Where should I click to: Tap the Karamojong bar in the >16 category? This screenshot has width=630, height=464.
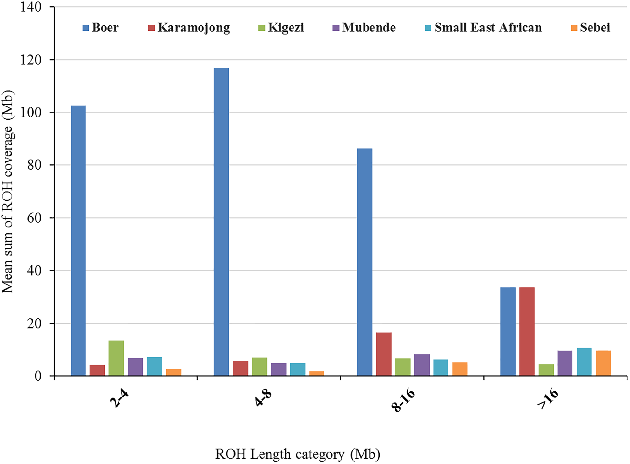527,331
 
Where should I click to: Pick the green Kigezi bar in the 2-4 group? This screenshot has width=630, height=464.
116,358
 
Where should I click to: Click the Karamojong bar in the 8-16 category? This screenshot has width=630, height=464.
384,354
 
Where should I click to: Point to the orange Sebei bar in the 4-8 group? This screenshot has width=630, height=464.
316,374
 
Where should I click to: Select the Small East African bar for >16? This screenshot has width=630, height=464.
584,362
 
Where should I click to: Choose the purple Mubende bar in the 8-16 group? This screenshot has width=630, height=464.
422,365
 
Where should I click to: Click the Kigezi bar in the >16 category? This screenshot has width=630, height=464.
546,370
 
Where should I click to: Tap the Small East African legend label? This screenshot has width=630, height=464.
488,28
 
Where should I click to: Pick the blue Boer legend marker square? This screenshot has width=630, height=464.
85,28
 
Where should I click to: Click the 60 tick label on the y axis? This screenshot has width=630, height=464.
34,218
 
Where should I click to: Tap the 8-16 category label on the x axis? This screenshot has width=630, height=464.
403,400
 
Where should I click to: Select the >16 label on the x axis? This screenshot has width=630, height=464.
547,399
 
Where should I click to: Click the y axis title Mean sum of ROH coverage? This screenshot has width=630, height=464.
8,192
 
